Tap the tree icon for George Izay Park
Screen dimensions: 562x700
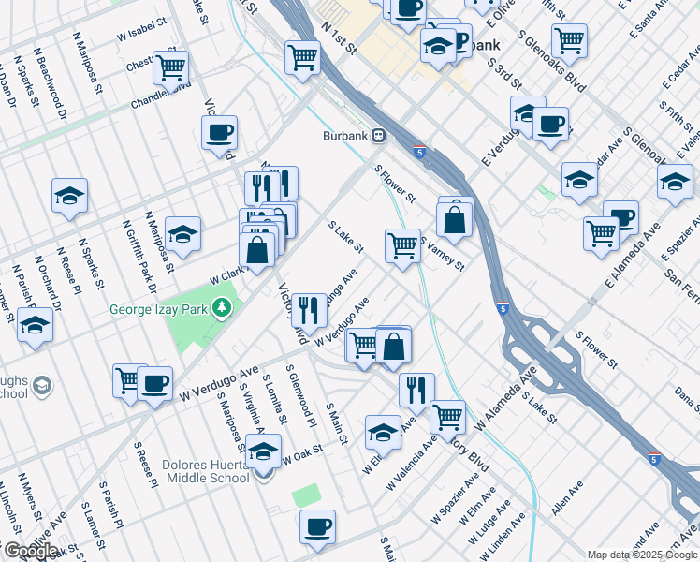tap(222, 306)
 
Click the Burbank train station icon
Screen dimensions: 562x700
tap(380, 136)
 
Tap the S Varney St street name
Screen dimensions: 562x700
tap(443, 253)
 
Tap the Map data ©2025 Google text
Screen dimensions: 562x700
tap(642, 555)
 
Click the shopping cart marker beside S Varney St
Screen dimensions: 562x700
tap(402, 245)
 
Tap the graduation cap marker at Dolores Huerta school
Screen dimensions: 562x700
tap(264, 451)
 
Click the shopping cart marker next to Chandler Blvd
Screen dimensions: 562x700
tap(171, 67)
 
